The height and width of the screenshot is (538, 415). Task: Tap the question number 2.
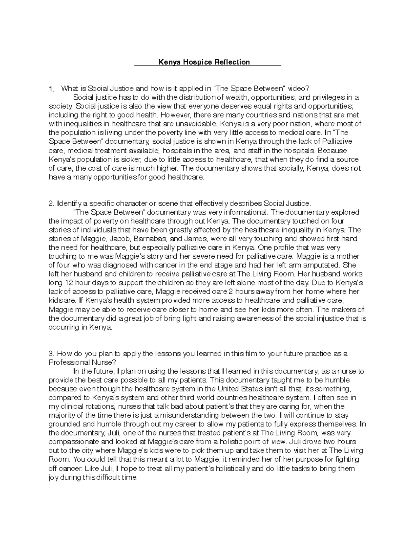pos(51,203)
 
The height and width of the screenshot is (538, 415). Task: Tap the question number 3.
pos(51,354)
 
